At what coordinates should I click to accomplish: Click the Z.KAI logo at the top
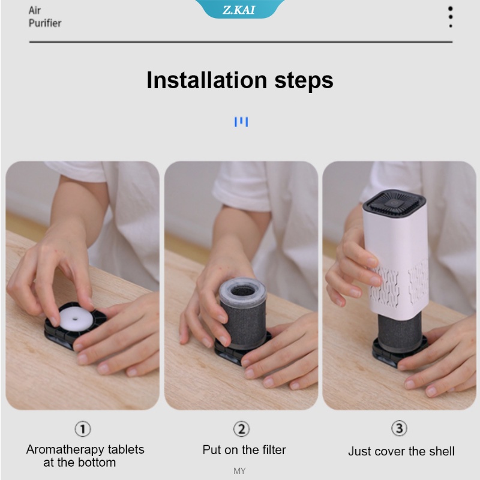pyautogui.click(x=239, y=10)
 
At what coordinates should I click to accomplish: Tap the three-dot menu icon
pyautogui.click(x=451, y=17)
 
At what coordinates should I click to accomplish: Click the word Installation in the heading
pyautogui.click(x=207, y=80)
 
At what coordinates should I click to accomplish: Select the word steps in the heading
pyautogui.click(x=304, y=81)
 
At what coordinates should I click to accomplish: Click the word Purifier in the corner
pyautogui.click(x=45, y=23)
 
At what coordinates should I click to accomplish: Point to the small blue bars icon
pyautogui.click(x=241, y=122)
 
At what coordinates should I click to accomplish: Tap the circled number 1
pyautogui.click(x=83, y=429)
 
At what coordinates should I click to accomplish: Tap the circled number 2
pyautogui.click(x=241, y=429)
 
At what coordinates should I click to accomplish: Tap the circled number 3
pyautogui.click(x=399, y=428)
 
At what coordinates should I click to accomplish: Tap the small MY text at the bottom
pyautogui.click(x=239, y=471)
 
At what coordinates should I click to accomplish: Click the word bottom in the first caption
pyautogui.click(x=97, y=463)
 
